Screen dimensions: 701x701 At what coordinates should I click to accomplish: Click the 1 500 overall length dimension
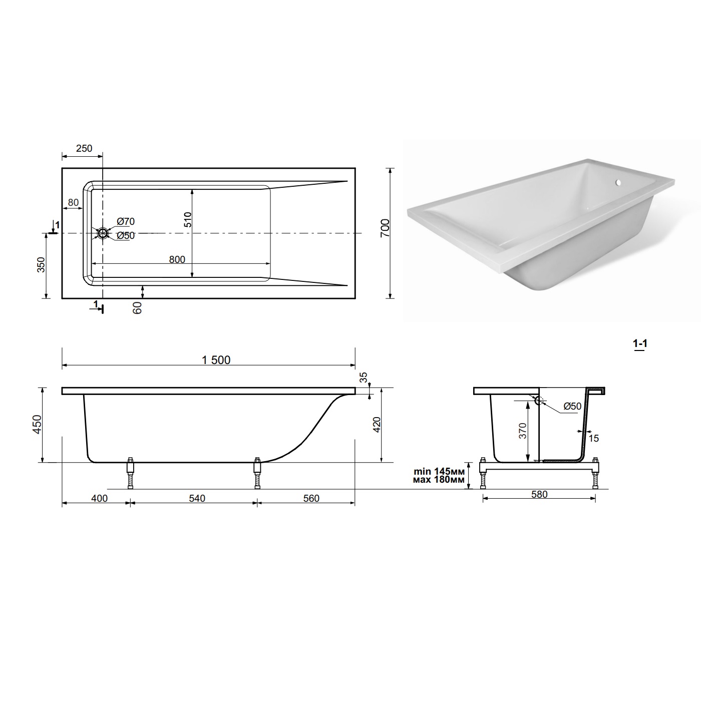click(216, 360)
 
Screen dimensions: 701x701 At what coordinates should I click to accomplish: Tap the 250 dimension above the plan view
click(84, 148)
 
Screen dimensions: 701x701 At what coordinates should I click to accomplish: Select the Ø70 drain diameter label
click(126, 221)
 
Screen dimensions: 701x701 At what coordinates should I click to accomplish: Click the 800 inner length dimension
click(177, 259)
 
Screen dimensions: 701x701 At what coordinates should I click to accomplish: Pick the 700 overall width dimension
click(385, 228)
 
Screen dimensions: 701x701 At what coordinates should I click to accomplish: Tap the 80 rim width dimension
click(73, 202)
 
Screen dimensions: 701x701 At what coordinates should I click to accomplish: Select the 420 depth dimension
click(377, 425)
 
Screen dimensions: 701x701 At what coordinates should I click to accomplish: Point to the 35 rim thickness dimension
click(364, 377)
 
